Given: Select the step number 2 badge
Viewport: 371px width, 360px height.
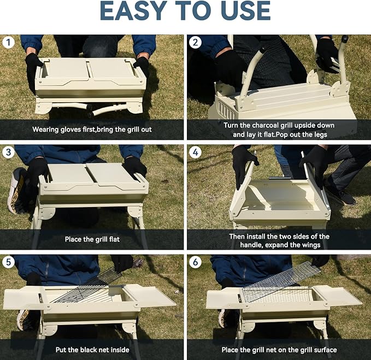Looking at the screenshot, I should tap(195, 42).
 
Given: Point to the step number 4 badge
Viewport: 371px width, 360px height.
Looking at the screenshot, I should tap(195, 152).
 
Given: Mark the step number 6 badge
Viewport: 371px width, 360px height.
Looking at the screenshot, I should tap(195, 262).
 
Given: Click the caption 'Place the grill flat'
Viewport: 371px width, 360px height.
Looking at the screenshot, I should tap(92, 239).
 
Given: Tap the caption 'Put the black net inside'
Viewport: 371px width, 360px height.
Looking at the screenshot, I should tap(92, 349).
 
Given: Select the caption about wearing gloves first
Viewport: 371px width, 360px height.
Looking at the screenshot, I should tap(92, 129).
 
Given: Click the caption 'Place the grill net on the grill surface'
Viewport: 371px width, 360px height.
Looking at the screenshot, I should tap(279, 349).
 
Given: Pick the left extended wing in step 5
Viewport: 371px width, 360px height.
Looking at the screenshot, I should tap(22, 298).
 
